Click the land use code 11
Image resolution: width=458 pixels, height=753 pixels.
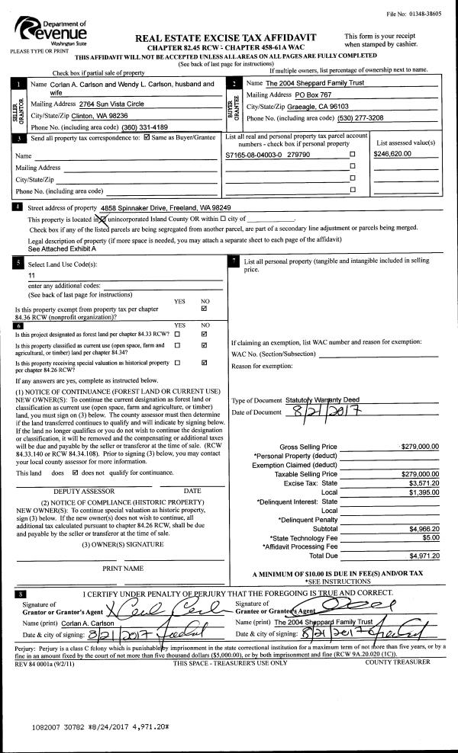click(31, 275)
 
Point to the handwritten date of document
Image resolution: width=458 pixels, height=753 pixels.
click(330, 412)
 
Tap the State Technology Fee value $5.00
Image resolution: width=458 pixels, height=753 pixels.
click(431, 537)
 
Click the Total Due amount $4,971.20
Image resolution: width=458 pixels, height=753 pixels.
click(424, 555)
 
